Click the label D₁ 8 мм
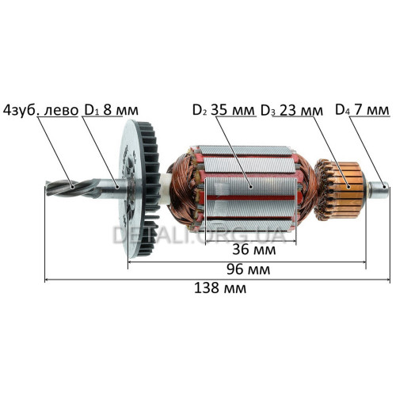tap(111, 110)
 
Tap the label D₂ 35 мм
tap(223, 110)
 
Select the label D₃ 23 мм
tap(291, 110)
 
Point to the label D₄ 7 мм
tap(362, 110)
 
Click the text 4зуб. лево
tap(40, 110)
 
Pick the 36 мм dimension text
tap(253, 249)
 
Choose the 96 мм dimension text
tap(248, 269)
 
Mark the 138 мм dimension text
tap(220, 288)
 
